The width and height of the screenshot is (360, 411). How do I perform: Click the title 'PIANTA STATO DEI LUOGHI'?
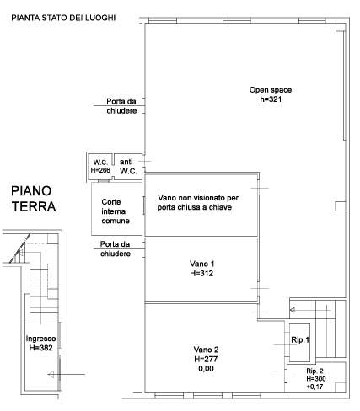tap(63, 18)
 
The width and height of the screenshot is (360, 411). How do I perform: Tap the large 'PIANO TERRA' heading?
tap(34, 199)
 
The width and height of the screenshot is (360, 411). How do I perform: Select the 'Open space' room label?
tap(271, 90)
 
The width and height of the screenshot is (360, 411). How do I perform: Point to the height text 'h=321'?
tap(271, 99)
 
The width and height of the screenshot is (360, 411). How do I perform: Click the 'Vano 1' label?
tap(201, 264)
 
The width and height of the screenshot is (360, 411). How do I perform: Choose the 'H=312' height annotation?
tap(201, 273)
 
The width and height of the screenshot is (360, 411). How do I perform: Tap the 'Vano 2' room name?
tap(206, 350)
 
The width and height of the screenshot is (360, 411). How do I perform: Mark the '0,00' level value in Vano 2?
tap(206, 369)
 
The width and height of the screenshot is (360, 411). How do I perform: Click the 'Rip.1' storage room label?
tap(300, 340)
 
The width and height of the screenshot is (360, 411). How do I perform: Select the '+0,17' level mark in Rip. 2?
tap(314, 387)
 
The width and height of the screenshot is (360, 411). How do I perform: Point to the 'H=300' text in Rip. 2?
tap(316, 379)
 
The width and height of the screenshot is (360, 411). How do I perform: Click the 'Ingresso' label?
tap(40, 339)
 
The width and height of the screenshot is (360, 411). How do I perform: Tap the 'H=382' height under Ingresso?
tap(41, 348)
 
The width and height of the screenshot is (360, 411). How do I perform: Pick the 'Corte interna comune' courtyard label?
tap(116, 211)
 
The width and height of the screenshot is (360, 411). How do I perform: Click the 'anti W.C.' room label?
tap(128, 167)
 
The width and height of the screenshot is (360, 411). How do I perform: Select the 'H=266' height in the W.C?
tap(100, 170)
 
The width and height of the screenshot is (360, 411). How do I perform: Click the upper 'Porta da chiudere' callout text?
tap(121, 106)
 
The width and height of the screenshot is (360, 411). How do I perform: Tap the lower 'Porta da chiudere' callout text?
tap(116, 249)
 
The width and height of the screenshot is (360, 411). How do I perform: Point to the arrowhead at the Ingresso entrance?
tap(51, 374)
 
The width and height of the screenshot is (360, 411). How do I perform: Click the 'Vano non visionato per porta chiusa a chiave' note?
tap(198, 202)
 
